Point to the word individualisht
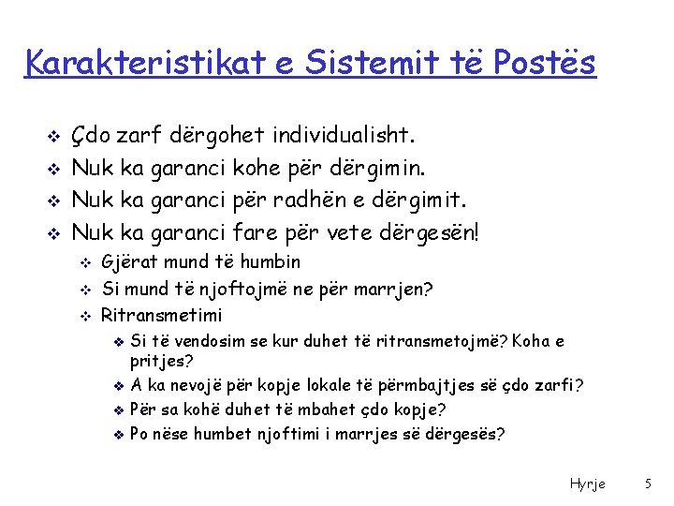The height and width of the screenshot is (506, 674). click(338, 137)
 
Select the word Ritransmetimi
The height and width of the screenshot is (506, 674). click(162, 315)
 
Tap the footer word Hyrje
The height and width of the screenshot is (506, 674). click(587, 484)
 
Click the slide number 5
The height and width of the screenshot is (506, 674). click(647, 484)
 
